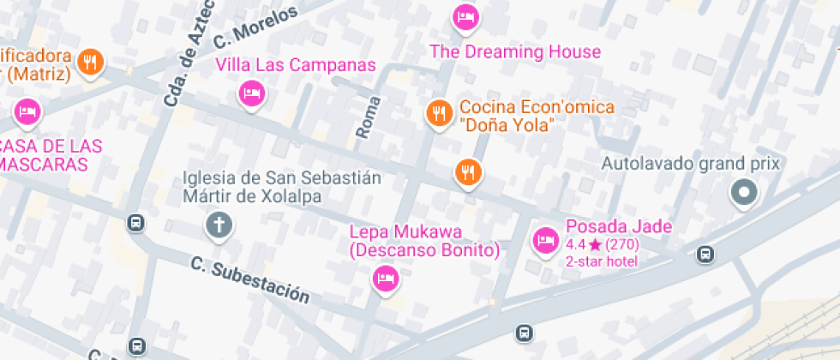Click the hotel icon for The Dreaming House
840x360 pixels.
(x=465, y=16)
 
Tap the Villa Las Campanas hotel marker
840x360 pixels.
(x=251, y=93)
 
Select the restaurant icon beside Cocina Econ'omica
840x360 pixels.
(x=439, y=112)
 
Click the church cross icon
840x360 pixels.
(x=219, y=225)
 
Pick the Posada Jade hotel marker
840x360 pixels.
(x=545, y=240)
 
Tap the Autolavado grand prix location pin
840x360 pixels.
(x=743, y=193)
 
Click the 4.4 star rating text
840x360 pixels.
(x=603, y=245)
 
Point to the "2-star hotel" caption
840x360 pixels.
(x=602, y=261)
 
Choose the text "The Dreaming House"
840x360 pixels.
(x=514, y=51)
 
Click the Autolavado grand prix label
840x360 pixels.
(x=691, y=163)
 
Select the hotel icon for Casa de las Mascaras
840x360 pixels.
(x=27, y=111)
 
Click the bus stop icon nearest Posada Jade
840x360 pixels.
(x=705, y=254)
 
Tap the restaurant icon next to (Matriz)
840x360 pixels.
(x=90, y=61)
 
